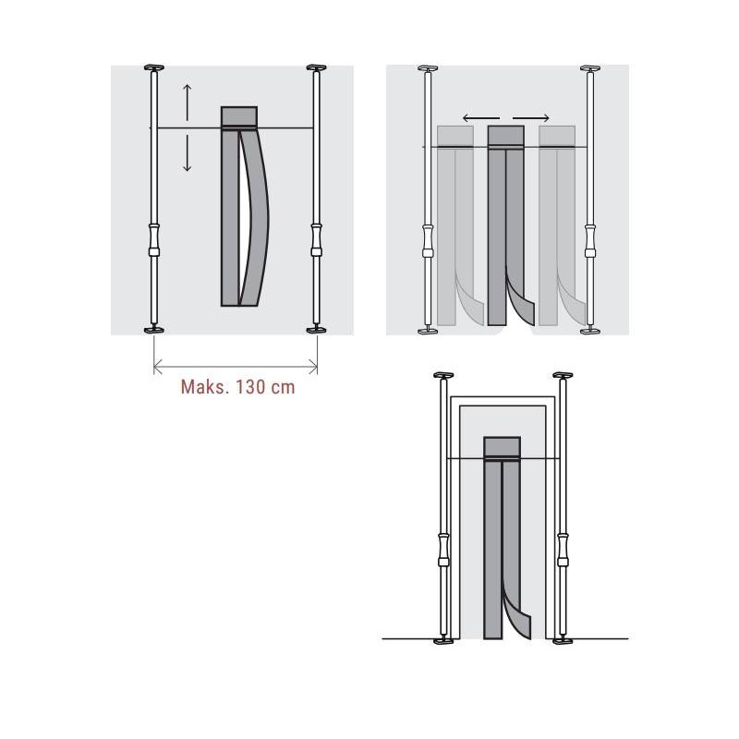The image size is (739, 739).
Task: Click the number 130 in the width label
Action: point(250,387)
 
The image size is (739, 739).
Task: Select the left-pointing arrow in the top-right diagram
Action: point(479,118)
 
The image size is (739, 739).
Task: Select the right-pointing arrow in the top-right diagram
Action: point(533,118)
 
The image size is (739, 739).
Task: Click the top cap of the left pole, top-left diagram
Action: point(152,67)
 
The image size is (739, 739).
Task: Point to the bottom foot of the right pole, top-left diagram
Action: point(317,329)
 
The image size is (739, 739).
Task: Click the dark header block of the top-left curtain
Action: point(238,116)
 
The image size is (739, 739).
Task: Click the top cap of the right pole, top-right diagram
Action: point(588,68)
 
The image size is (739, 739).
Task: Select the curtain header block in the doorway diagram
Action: point(503,447)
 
